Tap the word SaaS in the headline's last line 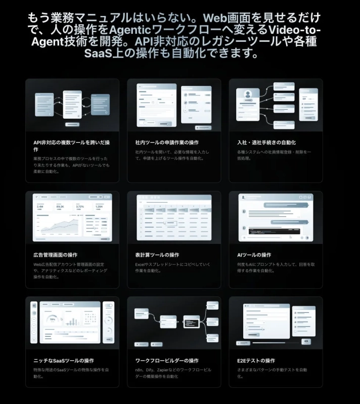100,53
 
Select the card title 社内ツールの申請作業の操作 167,142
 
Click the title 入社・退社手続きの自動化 266,142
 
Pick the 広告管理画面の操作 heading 55,255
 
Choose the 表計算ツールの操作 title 157,255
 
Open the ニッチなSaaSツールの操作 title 63,361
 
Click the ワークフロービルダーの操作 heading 167,361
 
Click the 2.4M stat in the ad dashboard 40,207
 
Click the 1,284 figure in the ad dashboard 100,207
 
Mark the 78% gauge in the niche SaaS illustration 52,319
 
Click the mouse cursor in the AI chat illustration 290,236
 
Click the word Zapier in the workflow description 164,370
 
